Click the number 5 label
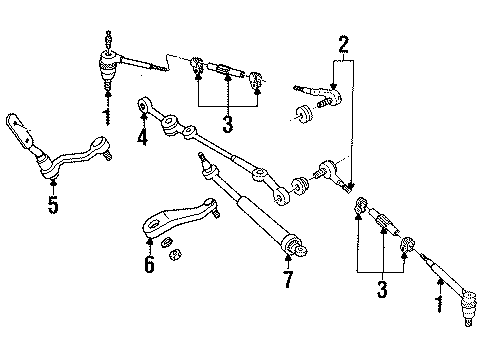pos(52,206)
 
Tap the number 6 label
pos(149,266)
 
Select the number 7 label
pos(287,280)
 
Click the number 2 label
pos(343,43)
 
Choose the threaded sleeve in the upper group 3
pos(228,73)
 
